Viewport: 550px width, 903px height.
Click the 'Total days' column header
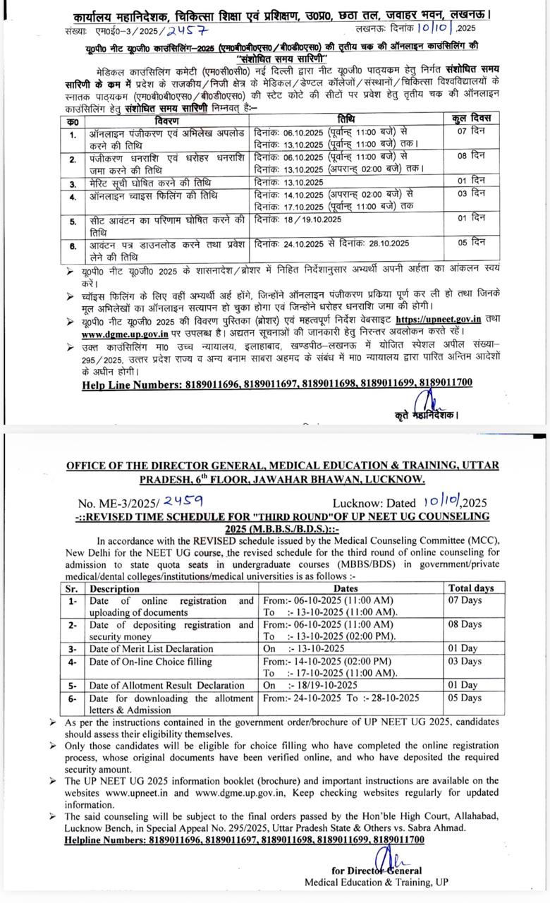pos(471,588)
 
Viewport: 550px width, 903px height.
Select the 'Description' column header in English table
pos(114,588)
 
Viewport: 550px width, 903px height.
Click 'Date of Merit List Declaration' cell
pos(151,648)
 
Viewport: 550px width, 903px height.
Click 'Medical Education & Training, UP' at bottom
pos(376,882)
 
